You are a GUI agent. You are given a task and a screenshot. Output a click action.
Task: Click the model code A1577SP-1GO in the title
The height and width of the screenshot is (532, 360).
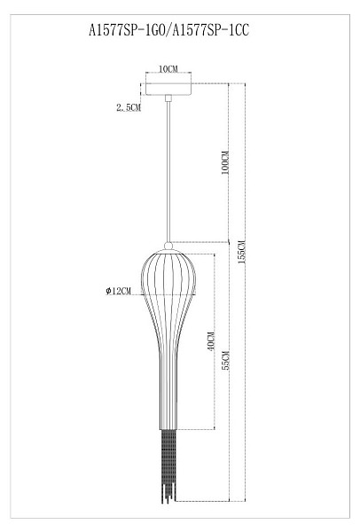click(x=127, y=30)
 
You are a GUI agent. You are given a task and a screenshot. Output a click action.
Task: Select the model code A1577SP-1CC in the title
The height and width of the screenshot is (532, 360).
click(x=211, y=30)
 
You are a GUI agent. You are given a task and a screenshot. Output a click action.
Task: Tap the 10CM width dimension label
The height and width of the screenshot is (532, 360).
click(x=168, y=69)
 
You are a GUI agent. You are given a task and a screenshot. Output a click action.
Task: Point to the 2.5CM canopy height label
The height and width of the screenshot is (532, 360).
click(x=129, y=108)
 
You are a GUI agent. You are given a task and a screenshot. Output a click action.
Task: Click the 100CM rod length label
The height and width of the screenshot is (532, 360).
click(x=225, y=163)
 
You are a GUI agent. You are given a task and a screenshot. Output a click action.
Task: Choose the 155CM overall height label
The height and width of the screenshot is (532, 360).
click(x=241, y=252)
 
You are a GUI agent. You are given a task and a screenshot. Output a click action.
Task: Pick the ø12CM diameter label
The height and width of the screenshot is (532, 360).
click(x=118, y=291)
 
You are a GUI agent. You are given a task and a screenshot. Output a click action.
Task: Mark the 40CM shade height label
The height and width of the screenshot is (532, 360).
click(x=211, y=341)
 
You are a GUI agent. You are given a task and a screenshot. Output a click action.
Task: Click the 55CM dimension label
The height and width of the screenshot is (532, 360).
click(x=225, y=360)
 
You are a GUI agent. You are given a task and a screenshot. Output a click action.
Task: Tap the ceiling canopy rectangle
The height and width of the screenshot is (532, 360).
click(x=168, y=89)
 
